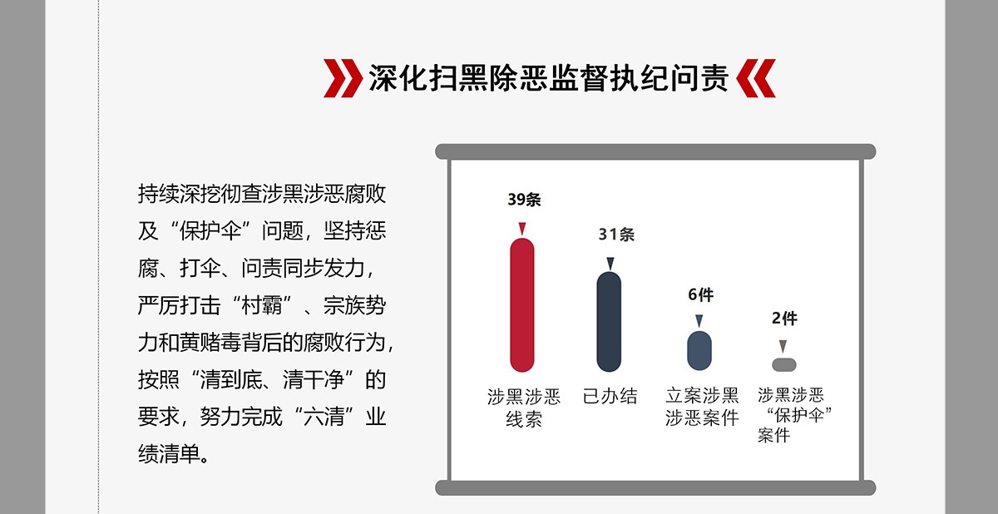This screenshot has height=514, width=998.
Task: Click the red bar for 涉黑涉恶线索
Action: point(521,305)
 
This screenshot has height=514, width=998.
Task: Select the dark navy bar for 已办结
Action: point(609,322)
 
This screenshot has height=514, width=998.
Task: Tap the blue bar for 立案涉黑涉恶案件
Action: point(699,350)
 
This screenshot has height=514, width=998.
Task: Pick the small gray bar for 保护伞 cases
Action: point(783,365)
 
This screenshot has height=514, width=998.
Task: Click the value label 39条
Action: point(524,200)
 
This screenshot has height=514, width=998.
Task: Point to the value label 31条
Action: point(616,235)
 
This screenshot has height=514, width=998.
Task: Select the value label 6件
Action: point(700,294)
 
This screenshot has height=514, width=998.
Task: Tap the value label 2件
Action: point(784,319)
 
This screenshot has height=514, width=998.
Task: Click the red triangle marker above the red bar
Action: point(522,229)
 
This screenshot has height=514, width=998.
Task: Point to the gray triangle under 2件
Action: point(783,346)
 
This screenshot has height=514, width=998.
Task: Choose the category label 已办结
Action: point(610,396)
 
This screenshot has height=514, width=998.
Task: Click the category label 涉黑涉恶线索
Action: point(523,408)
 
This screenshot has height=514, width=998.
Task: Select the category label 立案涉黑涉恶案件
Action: point(702,407)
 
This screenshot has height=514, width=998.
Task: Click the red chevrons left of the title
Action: point(343,78)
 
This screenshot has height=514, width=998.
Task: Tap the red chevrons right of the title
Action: point(756,78)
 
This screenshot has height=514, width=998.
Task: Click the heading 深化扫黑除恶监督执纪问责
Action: point(549,78)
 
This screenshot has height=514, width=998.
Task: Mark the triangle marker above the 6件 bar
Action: point(699,321)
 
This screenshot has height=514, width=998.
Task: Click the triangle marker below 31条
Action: point(610,263)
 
